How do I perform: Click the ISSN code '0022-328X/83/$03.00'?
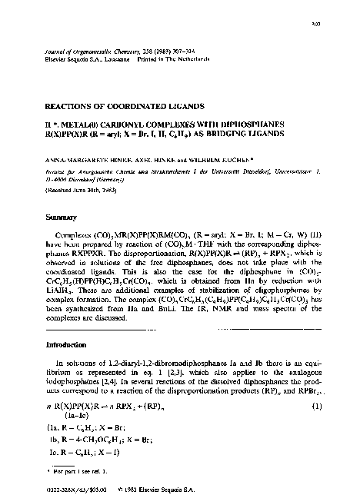[x=65, y=484]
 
